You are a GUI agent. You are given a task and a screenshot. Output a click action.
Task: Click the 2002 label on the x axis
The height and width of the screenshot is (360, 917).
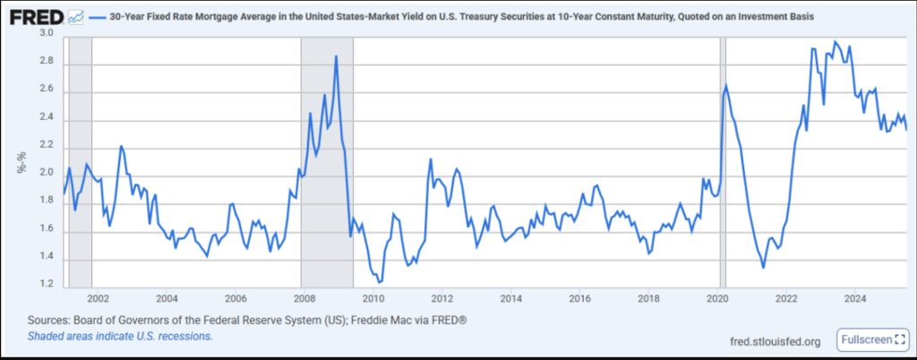tap(98, 298)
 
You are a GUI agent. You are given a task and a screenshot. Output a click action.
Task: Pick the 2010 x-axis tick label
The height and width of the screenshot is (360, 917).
tap(373, 298)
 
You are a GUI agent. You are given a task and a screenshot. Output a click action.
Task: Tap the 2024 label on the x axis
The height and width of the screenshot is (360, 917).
tap(855, 298)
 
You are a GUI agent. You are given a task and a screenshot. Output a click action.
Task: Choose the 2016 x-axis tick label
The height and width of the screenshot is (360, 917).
tap(579, 298)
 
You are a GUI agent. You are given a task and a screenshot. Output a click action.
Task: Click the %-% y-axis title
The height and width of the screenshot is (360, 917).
tap(21, 159)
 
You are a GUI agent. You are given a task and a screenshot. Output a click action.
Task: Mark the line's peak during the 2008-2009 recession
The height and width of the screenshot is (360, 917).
tap(336, 56)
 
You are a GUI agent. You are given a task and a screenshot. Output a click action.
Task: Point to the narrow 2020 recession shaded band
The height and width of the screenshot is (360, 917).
tap(723, 161)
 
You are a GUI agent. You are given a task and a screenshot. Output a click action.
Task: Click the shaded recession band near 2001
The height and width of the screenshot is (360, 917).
tap(81, 161)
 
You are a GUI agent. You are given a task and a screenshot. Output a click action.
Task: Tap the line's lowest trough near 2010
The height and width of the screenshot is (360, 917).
tap(380, 282)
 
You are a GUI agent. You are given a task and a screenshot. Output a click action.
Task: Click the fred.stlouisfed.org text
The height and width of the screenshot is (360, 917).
tap(776, 341)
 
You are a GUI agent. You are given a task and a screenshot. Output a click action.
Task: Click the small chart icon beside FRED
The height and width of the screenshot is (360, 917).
tap(76, 17)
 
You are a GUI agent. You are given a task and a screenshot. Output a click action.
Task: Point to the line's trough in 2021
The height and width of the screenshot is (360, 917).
tap(763, 267)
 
